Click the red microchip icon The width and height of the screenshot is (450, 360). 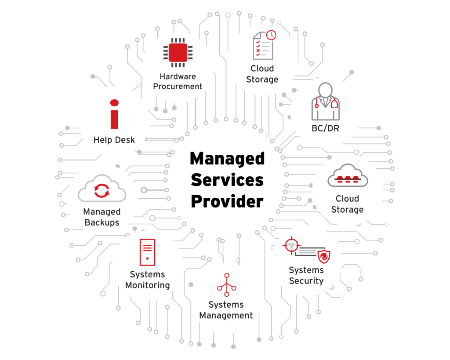[178, 53]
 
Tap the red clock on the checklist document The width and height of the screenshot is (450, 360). [271, 35]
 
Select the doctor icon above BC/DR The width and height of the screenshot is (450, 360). [326, 102]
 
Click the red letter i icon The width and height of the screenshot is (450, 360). [114, 114]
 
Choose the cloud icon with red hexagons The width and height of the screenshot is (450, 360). [348, 176]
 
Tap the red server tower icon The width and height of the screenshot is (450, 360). [148, 252]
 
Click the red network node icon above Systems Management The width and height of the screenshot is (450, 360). [227, 285]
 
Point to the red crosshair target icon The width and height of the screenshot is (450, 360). [292, 245]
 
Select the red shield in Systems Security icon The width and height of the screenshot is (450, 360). [324, 256]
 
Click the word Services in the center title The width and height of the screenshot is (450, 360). [227, 180]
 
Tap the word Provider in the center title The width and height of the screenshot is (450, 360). [227, 201]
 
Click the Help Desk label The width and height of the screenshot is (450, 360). [114, 140]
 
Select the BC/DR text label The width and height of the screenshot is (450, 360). [326, 128]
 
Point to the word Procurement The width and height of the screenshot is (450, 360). [178, 87]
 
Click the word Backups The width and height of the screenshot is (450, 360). [102, 222]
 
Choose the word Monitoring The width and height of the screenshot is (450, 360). [148, 285]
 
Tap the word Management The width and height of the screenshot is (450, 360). [226, 316]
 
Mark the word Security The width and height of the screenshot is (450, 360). [306, 281]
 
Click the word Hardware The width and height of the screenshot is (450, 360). [178, 76]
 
